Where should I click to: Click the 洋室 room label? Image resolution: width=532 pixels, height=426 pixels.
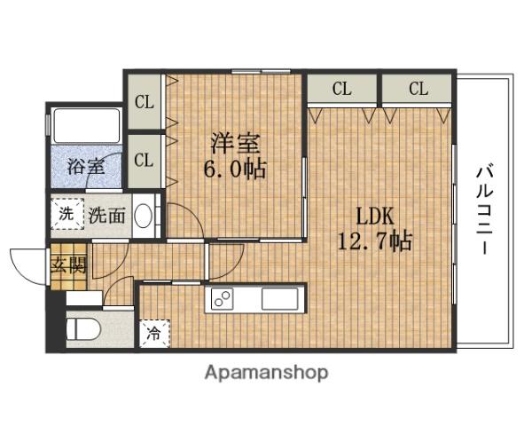[x=235, y=142]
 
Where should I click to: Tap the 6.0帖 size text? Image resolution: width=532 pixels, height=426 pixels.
[x=236, y=168]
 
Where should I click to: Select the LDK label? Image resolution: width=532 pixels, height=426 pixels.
[x=373, y=216]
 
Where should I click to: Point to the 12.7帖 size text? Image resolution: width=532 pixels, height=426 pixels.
[x=375, y=241]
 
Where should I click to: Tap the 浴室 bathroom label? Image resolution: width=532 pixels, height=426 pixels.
[x=85, y=165]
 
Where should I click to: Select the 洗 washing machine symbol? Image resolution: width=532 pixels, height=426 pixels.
[x=66, y=213]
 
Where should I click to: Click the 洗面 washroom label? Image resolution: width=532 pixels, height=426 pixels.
[x=108, y=214]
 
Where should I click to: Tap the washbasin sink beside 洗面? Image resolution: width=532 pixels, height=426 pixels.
[x=146, y=215]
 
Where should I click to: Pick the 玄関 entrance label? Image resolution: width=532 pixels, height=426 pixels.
[x=68, y=265]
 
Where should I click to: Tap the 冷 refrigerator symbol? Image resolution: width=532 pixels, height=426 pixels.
[x=153, y=334]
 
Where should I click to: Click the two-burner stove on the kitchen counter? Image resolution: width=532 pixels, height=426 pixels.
[x=223, y=299]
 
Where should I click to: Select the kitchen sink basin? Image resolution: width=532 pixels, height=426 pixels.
[x=282, y=299]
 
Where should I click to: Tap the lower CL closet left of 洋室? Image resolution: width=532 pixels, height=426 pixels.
[x=144, y=161]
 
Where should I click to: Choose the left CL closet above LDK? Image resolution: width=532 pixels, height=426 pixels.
[x=342, y=89]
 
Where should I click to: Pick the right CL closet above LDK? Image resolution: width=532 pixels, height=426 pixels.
[x=418, y=89]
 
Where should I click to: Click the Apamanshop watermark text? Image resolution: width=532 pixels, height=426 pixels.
[x=267, y=372]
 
